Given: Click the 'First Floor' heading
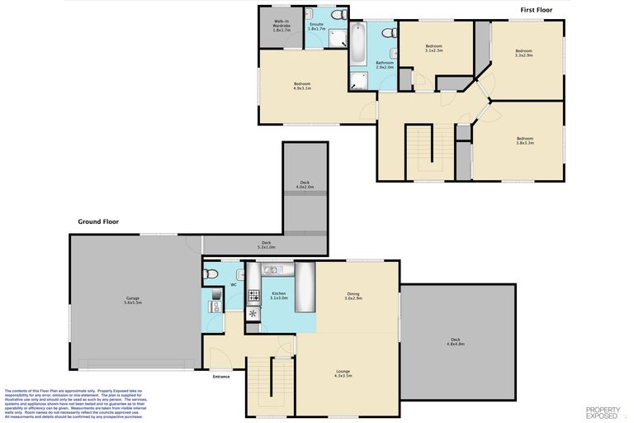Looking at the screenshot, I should [536, 10].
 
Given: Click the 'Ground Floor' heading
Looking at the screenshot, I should [98, 221].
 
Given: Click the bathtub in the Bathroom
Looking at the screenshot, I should [359, 45].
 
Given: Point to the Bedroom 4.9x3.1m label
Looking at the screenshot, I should [302, 86].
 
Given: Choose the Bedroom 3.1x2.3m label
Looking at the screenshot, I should [433, 48].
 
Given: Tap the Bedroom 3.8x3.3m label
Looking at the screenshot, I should [525, 140].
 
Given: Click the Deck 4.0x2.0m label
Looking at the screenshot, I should [305, 185].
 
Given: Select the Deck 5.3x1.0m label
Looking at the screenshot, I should [266, 245].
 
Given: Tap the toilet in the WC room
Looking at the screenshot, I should [210, 273].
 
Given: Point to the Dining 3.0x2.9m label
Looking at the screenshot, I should [353, 296].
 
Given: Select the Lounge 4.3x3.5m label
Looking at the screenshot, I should [343, 373].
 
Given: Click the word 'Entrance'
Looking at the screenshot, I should [221, 377].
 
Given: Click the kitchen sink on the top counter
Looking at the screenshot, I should [272, 269].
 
